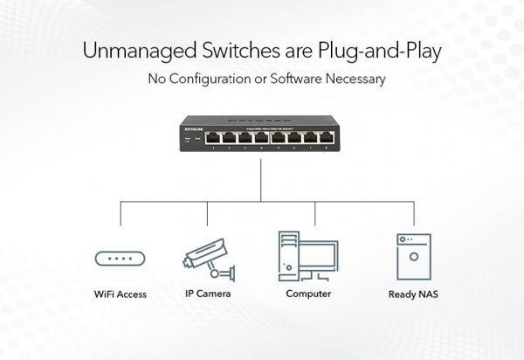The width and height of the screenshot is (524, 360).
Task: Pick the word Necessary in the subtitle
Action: [x=355, y=80]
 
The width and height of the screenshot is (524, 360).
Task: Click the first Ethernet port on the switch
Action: [x=212, y=137]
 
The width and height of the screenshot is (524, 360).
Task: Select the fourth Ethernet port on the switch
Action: [x=262, y=137]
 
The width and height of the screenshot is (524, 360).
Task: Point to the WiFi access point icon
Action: [x=121, y=260]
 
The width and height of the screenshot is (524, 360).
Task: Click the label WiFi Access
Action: [x=121, y=294]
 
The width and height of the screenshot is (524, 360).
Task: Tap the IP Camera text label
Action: [x=208, y=294]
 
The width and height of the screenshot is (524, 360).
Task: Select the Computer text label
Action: [x=308, y=294]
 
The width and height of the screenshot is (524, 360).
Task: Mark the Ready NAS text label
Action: [x=413, y=294]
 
